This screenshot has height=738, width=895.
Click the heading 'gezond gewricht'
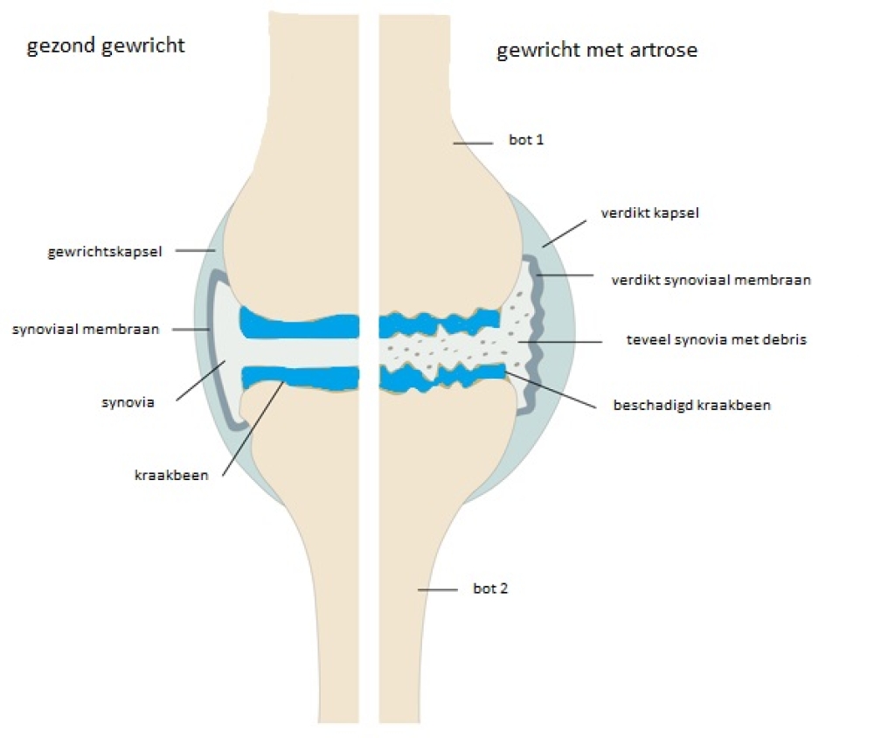[x=106, y=45]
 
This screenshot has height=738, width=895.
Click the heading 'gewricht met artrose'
[x=597, y=50]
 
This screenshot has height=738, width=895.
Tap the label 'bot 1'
[x=526, y=139]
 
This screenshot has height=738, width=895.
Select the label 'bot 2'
[x=490, y=588]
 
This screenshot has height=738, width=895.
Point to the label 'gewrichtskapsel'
[x=104, y=253]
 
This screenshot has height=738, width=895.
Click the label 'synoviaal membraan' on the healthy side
[x=86, y=330]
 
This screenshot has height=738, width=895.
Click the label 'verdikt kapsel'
[x=649, y=212]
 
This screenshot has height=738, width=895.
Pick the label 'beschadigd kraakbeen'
[x=692, y=406]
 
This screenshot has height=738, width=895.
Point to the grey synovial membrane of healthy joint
[x=211, y=350]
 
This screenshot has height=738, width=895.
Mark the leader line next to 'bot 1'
[x=475, y=143]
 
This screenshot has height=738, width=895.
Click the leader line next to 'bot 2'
[x=439, y=590]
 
